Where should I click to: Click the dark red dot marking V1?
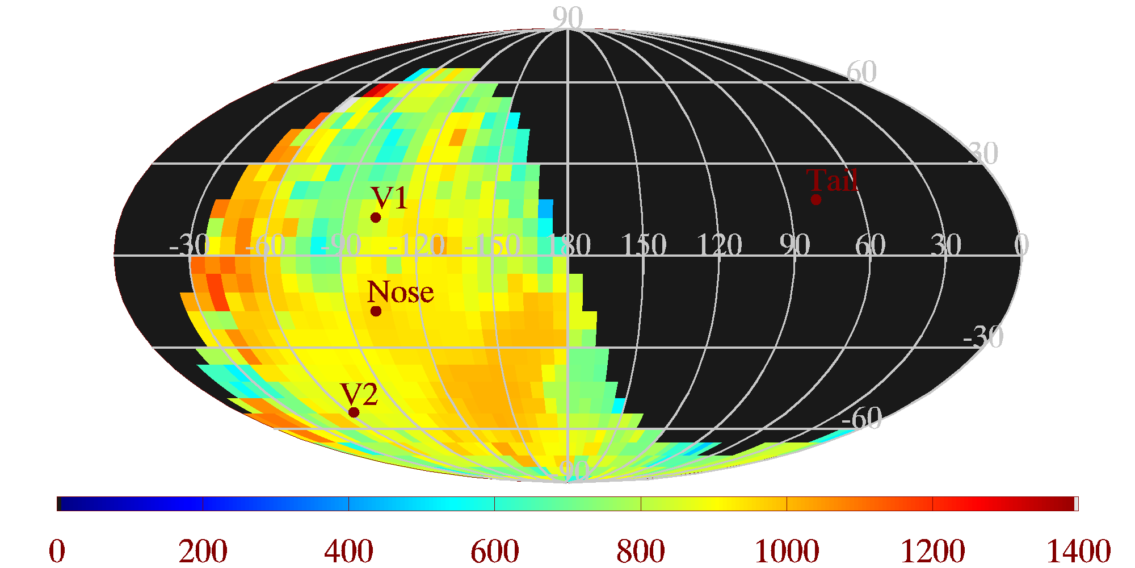[375, 218]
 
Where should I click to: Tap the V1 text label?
[389, 198]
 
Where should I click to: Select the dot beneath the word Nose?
[376, 311]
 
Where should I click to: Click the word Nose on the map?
[400, 293]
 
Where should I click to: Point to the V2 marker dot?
[354, 412]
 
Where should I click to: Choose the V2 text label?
[359, 394]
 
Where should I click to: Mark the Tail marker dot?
[816, 199]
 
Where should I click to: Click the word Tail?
[832, 181]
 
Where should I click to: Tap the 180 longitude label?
[569, 245]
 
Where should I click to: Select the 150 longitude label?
[644, 245]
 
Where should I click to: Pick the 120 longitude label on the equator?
[719, 245]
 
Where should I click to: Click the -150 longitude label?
[492, 245]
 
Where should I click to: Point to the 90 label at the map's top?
[567, 18]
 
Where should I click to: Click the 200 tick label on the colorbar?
[203, 551]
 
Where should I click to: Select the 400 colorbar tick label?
[348, 551]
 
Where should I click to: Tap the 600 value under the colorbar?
[494, 551]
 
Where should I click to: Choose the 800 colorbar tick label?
[641, 551]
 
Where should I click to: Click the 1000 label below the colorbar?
[787, 551]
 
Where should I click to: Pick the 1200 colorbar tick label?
[932, 551]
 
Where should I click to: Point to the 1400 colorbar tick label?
[1078, 551]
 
